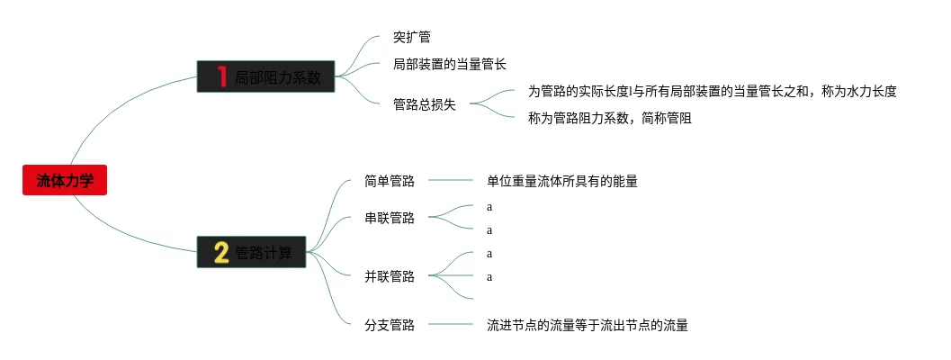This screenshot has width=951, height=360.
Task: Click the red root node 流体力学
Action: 65,181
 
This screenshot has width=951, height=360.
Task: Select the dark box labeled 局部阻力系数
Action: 266,77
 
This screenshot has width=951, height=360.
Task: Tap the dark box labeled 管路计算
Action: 253,253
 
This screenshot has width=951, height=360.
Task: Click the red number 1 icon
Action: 221,77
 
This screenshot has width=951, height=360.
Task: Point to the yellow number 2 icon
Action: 221,253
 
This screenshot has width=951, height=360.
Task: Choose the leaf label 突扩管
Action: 412,38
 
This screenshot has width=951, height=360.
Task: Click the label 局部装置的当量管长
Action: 450,64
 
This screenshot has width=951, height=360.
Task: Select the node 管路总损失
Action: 425,104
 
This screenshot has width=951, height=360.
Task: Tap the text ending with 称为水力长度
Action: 712,91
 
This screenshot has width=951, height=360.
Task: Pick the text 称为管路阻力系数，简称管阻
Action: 609,118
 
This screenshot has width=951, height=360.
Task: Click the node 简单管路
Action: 390,181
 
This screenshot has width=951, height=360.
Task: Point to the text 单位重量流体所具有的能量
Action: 562,181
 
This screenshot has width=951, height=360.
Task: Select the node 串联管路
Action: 390,218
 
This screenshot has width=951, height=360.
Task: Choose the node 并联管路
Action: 390,276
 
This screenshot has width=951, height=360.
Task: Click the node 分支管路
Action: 390,325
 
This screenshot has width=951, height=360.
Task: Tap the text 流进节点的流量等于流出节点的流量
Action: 588,325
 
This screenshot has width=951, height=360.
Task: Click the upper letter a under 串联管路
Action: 489,206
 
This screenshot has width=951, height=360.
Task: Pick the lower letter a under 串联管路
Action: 489,229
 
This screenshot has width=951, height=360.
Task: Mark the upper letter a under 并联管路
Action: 489,253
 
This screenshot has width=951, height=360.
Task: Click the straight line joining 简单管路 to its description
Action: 450,181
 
